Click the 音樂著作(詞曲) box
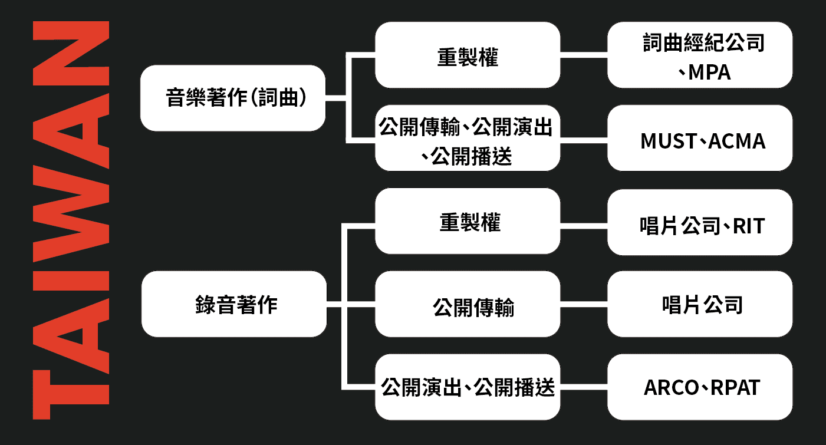click(233, 98)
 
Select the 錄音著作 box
click(233, 304)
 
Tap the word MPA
click(709, 72)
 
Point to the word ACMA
click(737, 141)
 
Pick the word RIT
click(748, 226)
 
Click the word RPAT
click(735, 388)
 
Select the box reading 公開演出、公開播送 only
click(468, 387)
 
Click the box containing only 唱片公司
click(700, 304)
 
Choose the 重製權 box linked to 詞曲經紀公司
click(468, 57)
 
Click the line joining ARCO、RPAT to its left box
click(584, 388)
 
